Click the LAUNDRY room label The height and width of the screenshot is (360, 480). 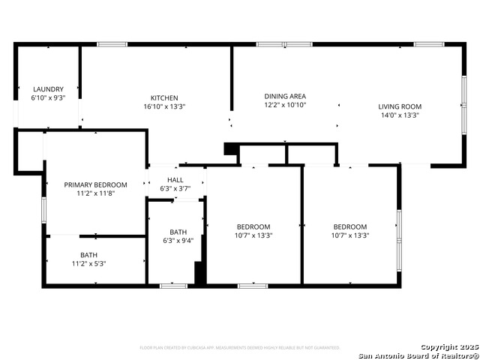coord(47,89)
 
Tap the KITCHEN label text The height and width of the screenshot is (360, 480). coord(164,98)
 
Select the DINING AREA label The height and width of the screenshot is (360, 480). coord(285,96)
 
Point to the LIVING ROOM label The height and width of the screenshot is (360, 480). coord(399,106)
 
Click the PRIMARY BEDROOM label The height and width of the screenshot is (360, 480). coord(95,184)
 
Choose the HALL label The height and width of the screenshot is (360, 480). coord(175,180)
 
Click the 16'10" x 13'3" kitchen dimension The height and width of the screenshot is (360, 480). coord(164,107)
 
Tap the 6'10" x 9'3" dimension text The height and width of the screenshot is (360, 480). coord(47,98)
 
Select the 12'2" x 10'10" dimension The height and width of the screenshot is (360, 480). coord(285,105)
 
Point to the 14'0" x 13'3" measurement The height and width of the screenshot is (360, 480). coord(399,115)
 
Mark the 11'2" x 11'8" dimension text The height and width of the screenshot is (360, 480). coord(95,193)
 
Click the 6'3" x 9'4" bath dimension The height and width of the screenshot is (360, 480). coord(178,241)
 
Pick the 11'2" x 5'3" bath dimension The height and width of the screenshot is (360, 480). coord(89,264)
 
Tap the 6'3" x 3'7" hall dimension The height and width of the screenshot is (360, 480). coord(175,188)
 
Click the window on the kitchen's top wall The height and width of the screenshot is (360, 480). coord(112,44)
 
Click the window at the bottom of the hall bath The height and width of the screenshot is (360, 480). coord(173,286)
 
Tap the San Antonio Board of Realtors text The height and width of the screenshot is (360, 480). coord(418,355)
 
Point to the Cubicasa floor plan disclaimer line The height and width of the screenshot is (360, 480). coord(240,348)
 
